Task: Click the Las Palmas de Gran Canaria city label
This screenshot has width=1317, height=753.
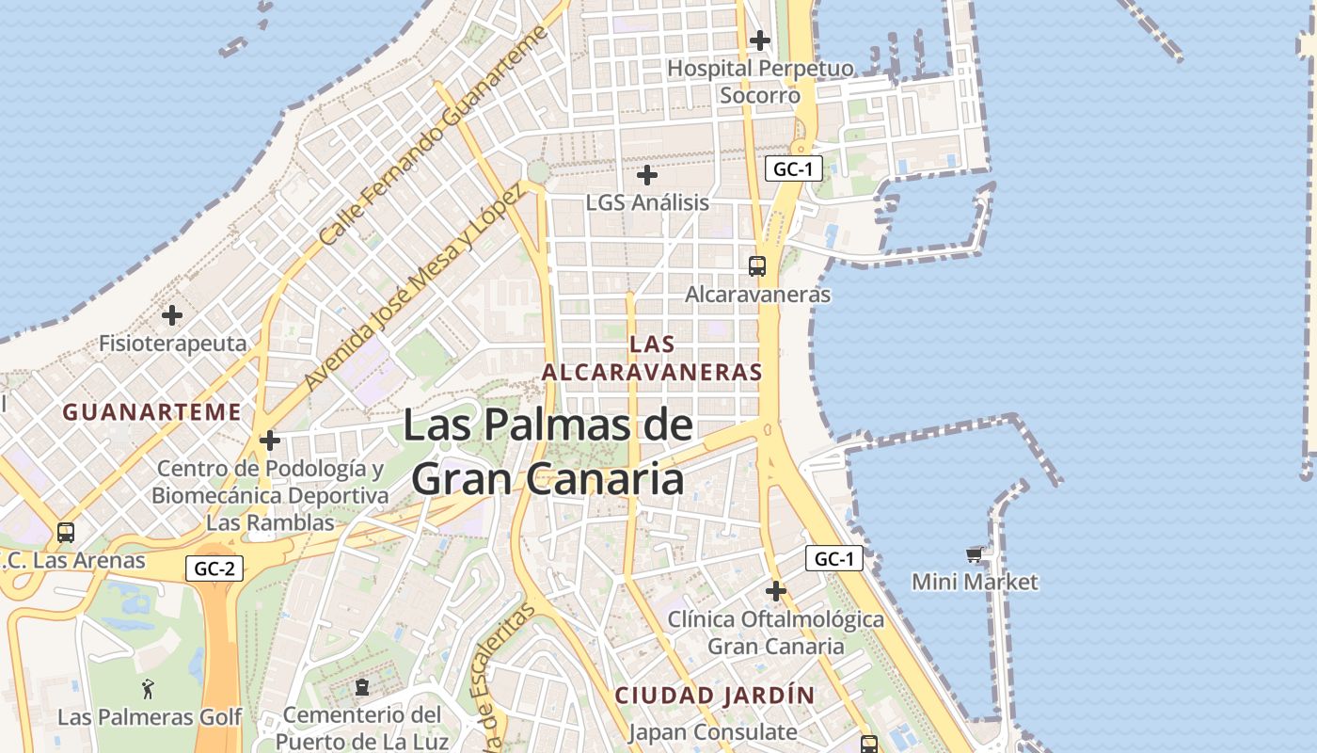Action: (x=548, y=453)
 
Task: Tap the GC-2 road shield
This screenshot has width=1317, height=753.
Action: (x=214, y=569)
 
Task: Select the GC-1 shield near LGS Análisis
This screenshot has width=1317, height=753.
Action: (x=794, y=169)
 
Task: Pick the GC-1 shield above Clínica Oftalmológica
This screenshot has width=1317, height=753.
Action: (x=833, y=559)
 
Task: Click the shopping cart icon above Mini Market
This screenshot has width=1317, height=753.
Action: (x=974, y=555)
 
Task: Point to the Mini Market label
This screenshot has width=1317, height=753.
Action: (x=975, y=582)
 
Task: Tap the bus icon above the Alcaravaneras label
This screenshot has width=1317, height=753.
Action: (x=757, y=266)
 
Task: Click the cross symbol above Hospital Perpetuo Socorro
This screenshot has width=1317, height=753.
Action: (x=760, y=40)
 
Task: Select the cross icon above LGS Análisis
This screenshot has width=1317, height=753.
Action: (x=647, y=175)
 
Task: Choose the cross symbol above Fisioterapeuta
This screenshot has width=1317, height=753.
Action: (x=172, y=315)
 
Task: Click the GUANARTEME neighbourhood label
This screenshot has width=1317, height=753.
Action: (x=151, y=411)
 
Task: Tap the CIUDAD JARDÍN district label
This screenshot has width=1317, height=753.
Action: (x=715, y=696)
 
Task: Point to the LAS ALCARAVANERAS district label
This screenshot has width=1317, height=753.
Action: (x=652, y=359)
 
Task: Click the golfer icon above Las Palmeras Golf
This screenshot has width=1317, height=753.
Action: (x=148, y=689)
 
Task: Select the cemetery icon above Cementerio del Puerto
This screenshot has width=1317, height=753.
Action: (x=362, y=686)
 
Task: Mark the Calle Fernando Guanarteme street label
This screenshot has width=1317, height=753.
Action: (x=433, y=136)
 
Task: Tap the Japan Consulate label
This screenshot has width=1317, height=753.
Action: (x=712, y=731)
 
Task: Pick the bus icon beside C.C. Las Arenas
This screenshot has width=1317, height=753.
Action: (x=66, y=533)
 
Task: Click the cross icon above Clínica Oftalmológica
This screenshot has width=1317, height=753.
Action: (x=776, y=591)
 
